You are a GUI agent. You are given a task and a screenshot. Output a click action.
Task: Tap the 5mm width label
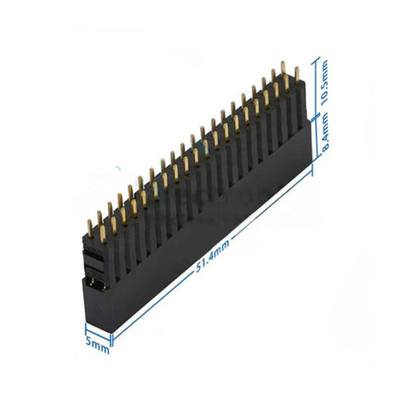click(96, 346)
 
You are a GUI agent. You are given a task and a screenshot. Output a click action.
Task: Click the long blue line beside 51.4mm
click(214, 251)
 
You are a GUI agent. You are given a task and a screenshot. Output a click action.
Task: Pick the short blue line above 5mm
click(97, 332)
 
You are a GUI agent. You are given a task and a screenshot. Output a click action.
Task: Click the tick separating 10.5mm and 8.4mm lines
click(317, 117)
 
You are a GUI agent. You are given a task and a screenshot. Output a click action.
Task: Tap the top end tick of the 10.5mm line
click(317, 58)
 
